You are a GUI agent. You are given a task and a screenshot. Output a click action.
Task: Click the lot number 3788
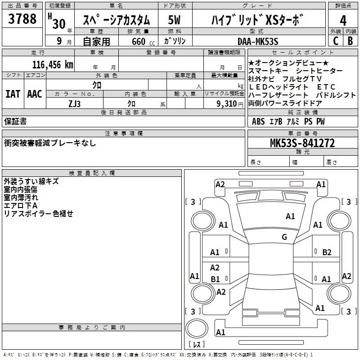pyautogui.click(x=22, y=19)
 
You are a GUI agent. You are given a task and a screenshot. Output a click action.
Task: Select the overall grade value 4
pyautogui.click(x=343, y=20)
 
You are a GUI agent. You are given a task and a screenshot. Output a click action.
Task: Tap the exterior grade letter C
pyautogui.click(x=336, y=41)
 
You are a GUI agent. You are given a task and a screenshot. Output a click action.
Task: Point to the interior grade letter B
pyautogui.click(x=350, y=41)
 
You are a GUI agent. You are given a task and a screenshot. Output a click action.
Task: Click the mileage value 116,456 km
pyautogui.click(x=53, y=65)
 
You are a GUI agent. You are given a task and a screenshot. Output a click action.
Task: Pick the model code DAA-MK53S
pyautogui.click(x=258, y=41)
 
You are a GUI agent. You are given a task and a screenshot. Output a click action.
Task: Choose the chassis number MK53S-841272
pyautogui.click(x=302, y=143)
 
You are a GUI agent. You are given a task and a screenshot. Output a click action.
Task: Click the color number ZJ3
pyautogui.click(x=75, y=104)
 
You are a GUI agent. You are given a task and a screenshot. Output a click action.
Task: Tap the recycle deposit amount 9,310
pyautogui.click(x=227, y=104)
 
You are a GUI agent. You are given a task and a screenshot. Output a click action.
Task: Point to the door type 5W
pyautogui.click(x=174, y=20)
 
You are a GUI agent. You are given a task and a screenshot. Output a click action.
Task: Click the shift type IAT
pyautogui.click(x=13, y=94)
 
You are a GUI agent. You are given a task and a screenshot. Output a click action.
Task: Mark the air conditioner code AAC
pyautogui.click(x=35, y=94)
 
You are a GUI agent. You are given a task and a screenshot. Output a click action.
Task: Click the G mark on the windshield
pyautogui.click(x=284, y=237)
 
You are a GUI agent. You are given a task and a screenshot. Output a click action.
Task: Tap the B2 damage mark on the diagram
pyautogui.click(x=327, y=252)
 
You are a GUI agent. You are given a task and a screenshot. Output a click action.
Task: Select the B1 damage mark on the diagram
pyautogui.click(x=215, y=279)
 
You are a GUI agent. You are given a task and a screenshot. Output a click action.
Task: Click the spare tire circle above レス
pyautogui.click(x=197, y=328)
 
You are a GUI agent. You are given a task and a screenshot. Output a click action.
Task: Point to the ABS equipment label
pyautogui.click(x=258, y=121)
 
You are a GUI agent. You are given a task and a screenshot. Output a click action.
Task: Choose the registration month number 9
pyautogui.click(x=59, y=41)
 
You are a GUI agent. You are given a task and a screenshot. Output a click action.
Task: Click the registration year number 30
pyautogui.click(x=59, y=24)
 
